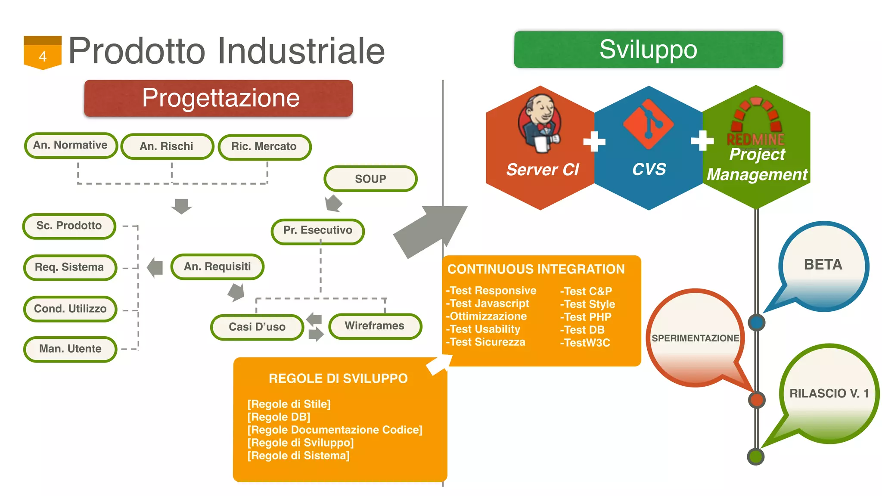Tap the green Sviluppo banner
[x=648, y=50]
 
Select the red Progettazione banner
[x=218, y=98]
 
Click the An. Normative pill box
[x=71, y=146]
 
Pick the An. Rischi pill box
[x=167, y=146]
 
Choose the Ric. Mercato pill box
[x=264, y=147]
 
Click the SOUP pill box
[x=370, y=179]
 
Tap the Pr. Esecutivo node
[x=318, y=231]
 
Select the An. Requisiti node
[x=217, y=267]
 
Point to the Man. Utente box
[x=70, y=349]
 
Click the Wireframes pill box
[x=375, y=326]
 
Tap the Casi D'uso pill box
[x=257, y=327]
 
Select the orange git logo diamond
[x=648, y=124]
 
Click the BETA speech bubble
[x=823, y=265]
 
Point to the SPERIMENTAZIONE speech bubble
[x=695, y=338]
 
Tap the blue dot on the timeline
[x=757, y=322]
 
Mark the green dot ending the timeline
[x=756, y=457]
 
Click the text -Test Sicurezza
[x=486, y=342]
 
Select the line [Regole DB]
[x=279, y=417]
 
